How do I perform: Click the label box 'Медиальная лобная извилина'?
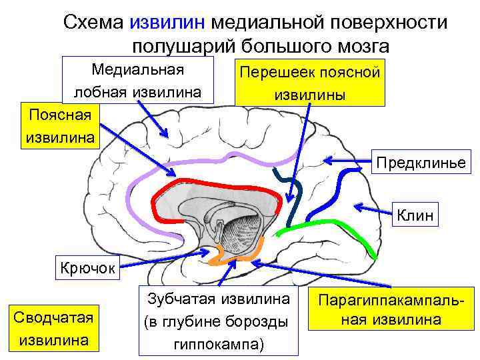pos(138,80)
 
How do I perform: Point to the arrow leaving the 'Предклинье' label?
pos(347,160)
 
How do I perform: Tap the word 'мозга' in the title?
pos(361,47)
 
